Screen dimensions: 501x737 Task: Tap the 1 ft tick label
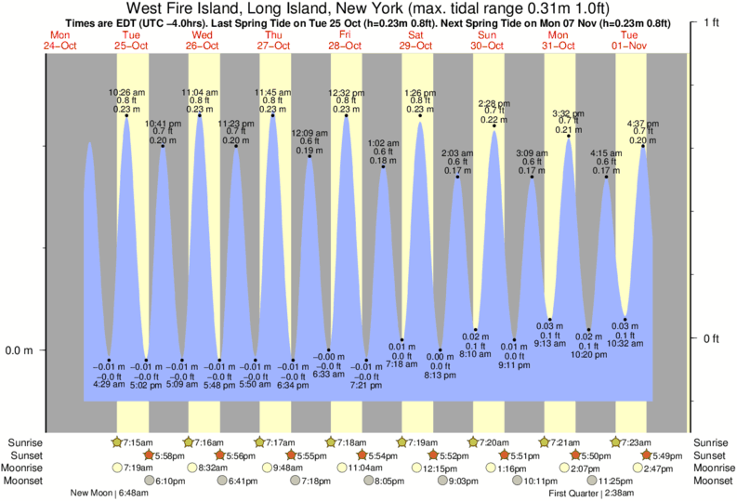tap(715, 21)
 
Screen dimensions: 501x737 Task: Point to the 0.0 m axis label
tap(20, 350)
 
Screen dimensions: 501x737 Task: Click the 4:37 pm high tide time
tap(643, 123)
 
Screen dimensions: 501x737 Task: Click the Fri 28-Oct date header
tap(344, 39)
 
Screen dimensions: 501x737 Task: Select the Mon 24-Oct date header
tap(59, 39)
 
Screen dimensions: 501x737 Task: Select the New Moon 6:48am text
tap(110, 494)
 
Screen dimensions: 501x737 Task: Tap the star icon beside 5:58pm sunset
tap(149, 455)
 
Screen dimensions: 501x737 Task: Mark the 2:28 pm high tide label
tap(493, 103)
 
